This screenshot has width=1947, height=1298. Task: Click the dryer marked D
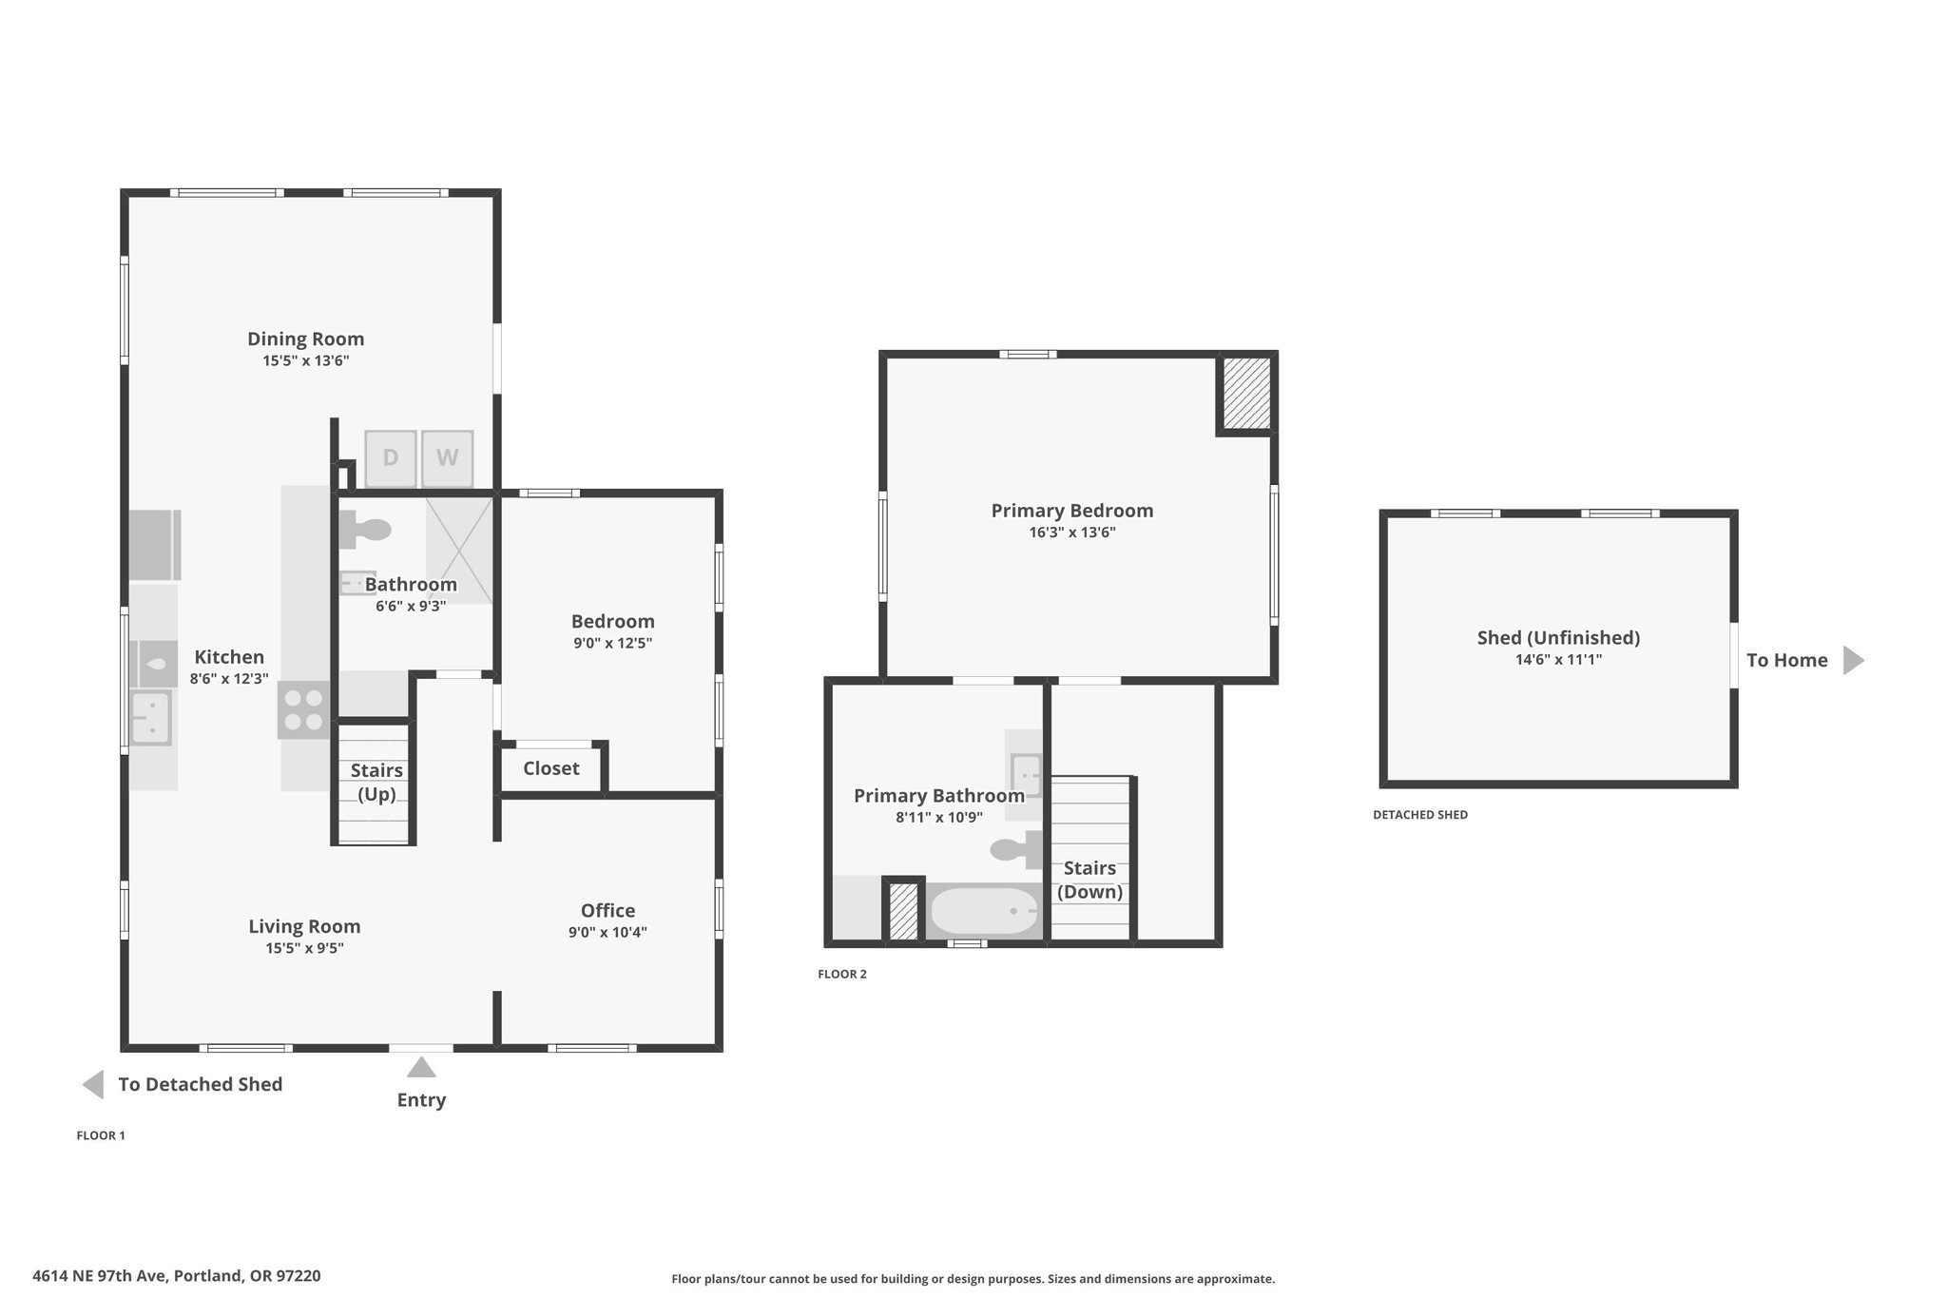[x=390, y=457]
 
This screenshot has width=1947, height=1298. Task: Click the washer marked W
[x=447, y=457]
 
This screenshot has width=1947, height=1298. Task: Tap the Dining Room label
[x=305, y=339]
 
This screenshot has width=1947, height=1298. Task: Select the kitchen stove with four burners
[x=304, y=710]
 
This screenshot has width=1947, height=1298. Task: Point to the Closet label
[x=550, y=768]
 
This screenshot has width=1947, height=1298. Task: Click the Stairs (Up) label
[x=376, y=782]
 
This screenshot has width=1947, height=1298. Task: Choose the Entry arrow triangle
[x=421, y=1067]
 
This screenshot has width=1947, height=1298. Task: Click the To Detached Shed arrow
[x=93, y=1084]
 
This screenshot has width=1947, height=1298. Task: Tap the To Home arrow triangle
[x=1853, y=660]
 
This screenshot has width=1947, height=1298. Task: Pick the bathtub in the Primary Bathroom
[x=984, y=911]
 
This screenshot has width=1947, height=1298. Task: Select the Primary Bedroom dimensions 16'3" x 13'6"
[x=1072, y=533]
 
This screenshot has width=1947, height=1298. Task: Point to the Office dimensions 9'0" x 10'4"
[x=607, y=932]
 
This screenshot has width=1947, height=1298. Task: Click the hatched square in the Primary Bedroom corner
[x=1246, y=393]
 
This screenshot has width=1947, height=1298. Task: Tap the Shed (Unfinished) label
[x=1558, y=638]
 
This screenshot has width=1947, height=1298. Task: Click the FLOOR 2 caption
[x=842, y=974]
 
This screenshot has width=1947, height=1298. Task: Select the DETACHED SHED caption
[x=1420, y=815]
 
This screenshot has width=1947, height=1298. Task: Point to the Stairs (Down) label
[x=1089, y=880]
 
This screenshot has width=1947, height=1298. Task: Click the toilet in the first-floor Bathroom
[x=366, y=530]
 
